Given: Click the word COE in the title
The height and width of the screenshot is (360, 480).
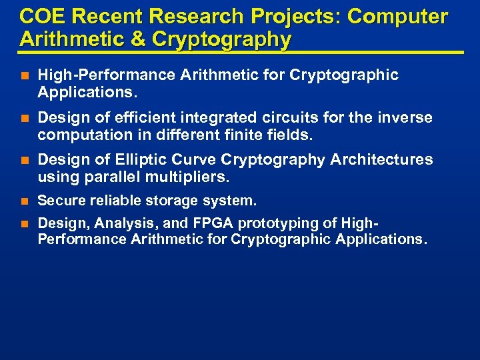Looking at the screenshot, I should point(43,17).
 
